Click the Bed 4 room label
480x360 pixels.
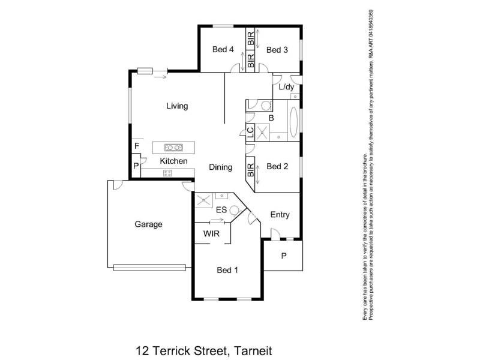point(223,50)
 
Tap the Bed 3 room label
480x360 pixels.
point(277,50)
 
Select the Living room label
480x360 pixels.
point(177,106)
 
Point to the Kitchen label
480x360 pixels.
point(173,161)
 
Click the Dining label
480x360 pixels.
point(220,167)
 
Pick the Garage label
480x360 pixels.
point(148,224)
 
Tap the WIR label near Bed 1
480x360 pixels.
point(211,233)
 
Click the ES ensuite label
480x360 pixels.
point(221,210)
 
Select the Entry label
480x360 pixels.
point(280,215)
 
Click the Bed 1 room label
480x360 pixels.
point(227,270)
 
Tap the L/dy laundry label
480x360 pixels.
point(287,88)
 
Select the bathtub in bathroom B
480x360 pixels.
point(293,122)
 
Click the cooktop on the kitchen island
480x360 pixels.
point(174,147)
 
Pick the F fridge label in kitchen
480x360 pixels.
point(137,146)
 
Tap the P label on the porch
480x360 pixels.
point(283,256)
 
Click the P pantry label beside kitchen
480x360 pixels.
point(136,165)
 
